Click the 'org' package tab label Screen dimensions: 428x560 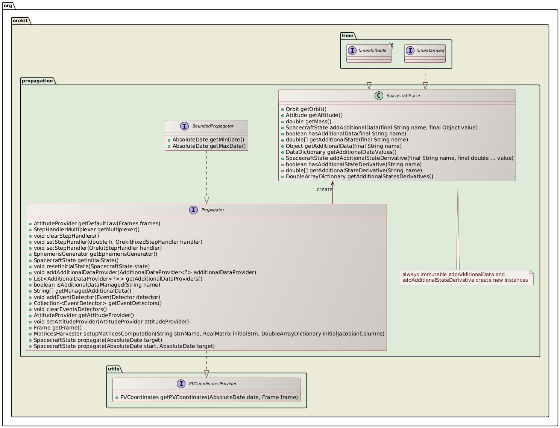tap(8, 6)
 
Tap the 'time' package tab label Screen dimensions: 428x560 tap(348, 36)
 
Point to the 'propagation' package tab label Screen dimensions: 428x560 tap(38, 81)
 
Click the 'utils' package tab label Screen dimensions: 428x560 tap(114, 369)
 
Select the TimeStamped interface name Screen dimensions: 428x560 tap(430, 50)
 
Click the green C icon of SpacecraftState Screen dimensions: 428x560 tap(379, 96)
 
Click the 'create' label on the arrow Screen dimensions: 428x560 tap(324, 189)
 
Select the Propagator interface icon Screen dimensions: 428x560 tap(193, 210)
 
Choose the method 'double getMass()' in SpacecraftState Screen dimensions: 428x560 tap(308, 121)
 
